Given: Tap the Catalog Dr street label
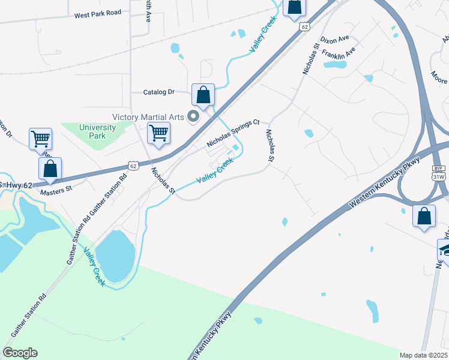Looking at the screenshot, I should tap(158, 92).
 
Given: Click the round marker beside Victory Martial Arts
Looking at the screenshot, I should tap(193, 116).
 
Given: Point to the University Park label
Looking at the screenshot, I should tap(97, 131).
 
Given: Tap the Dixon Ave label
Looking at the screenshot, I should tap(335, 40).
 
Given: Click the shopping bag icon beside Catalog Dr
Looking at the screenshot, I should tap(203, 95).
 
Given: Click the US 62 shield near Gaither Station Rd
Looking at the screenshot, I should tap(133, 165).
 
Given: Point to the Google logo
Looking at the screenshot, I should tap(20, 353).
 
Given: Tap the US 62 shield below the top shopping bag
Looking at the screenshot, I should tap(306, 27).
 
